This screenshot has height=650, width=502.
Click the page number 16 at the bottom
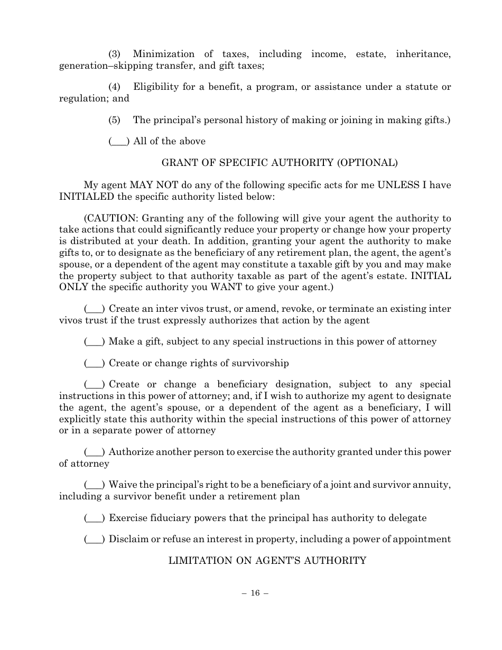point(255,593)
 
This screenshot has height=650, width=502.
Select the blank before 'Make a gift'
point(95,341)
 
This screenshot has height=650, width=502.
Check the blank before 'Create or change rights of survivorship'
point(95,363)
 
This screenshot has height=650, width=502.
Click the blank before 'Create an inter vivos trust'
point(95,309)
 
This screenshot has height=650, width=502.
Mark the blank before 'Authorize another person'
point(95,452)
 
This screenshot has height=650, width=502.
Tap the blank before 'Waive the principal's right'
point(95,485)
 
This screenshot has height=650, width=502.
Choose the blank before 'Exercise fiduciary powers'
point(95,518)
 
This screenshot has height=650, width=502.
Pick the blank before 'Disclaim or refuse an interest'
point(95,539)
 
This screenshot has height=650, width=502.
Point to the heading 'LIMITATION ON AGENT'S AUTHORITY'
point(267,561)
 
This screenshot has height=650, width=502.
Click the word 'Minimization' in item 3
point(164,54)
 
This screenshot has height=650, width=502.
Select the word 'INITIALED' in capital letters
point(86,197)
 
